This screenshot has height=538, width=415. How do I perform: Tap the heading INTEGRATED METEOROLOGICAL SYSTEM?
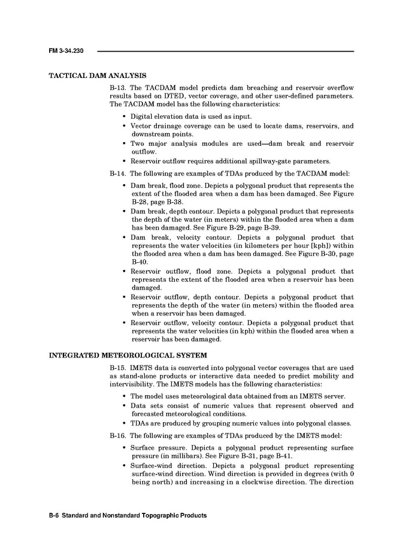pyautogui.click(x=128, y=355)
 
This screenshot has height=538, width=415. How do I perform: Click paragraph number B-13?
pyautogui.click(x=118, y=88)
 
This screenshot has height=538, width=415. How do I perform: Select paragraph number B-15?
pyautogui.click(x=118, y=367)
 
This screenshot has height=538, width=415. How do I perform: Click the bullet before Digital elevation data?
pyautogui.click(x=124, y=116)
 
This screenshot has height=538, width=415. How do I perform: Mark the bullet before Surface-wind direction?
pyautogui.click(x=124, y=465)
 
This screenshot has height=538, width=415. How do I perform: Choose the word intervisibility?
pyautogui.click(x=133, y=384)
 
